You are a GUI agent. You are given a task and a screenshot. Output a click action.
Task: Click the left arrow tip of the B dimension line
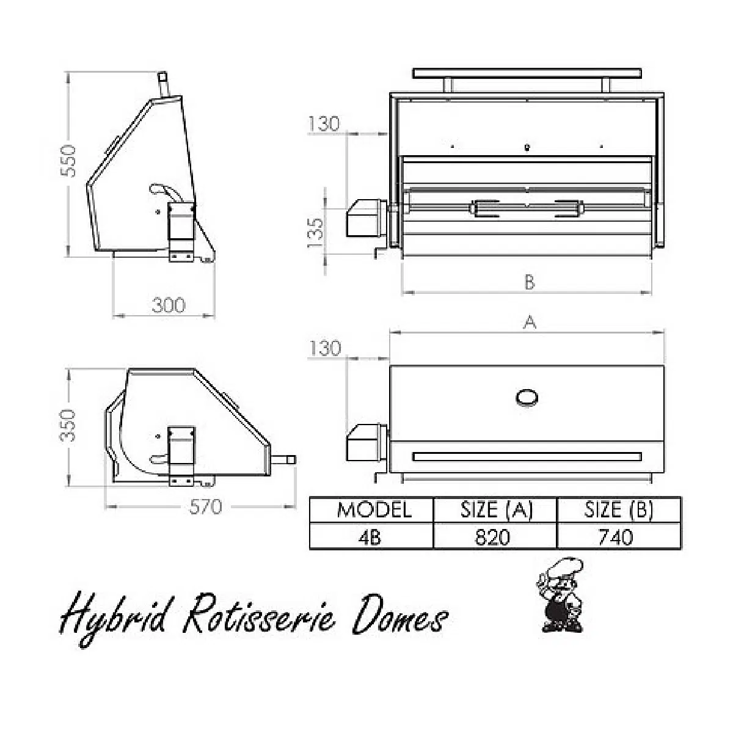tap(403, 293)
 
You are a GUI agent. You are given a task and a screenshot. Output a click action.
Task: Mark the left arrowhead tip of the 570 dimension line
tap(105, 506)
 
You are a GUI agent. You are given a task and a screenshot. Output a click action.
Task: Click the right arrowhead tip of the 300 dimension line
tap(214, 315)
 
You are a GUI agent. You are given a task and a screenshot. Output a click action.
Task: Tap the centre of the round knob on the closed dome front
tap(527, 398)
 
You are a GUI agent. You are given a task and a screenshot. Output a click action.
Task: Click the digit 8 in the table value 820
tap(481, 538)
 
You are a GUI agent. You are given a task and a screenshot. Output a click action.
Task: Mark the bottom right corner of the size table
tap(681, 549)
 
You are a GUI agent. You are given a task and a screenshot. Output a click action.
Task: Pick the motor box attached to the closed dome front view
tap(365, 443)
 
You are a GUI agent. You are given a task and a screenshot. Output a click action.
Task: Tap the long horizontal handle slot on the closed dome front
tap(527, 456)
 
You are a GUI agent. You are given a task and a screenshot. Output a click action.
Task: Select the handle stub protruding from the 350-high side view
tap(283, 460)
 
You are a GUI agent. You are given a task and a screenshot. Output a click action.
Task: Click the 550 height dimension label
tap(69, 161)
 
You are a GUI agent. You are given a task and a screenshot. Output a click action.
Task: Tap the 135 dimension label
tap(315, 232)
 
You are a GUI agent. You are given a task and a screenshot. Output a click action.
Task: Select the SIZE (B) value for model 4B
tap(616, 538)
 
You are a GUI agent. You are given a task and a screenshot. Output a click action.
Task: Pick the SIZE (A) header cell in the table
tap(495, 510)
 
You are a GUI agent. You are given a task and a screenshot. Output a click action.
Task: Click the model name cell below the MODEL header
tap(371, 536)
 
